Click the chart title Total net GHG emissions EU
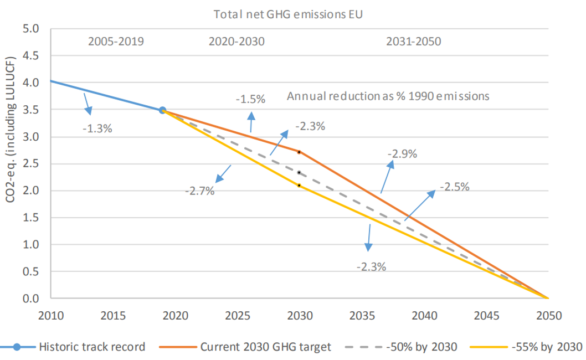click(x=288, y=14)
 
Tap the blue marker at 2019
click(x=162, y=110)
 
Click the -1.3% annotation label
click(x=97, y=128)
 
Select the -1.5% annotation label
click(x=250, y=99)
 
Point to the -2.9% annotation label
click(x=402, y=153)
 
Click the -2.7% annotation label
click(x=199, y=191)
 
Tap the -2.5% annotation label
click(x=454, y=187)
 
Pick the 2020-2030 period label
click(x=237, y=41)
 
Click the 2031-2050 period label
click(x=413, y=41)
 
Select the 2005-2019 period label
click(x=116, y=41)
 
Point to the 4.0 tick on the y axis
click(x=30, y=83)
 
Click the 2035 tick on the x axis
click(x=362, y=316)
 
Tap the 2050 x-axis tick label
click(x=549, y=316)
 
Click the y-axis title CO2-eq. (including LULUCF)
click(x=11, y=130)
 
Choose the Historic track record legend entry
click(x=73, y=347)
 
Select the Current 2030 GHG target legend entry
click(x=245, y=347)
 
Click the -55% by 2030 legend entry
click(x=526, y=347)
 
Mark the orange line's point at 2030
click(x=299, y=152)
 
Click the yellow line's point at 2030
click(x=299, y=186)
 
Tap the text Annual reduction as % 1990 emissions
click(x=388, y=96)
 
